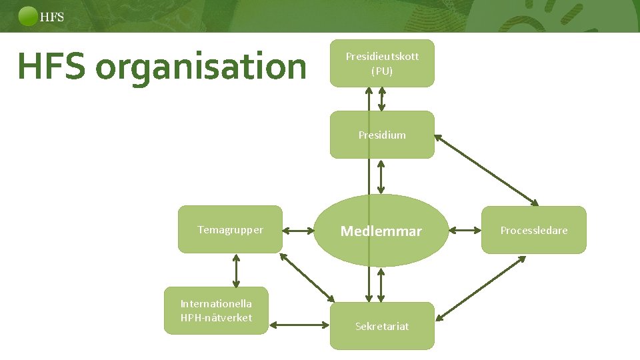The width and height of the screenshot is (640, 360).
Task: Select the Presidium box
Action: [x=382, y=135]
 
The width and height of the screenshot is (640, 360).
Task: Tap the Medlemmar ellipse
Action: [x=381, y=231]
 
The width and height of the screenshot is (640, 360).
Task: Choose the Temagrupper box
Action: [x=230, y=230]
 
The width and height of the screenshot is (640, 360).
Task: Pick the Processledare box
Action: [x=534, y=230]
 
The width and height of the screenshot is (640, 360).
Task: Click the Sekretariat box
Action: [x=382, y=326]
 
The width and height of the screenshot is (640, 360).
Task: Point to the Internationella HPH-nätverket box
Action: [x=216, y=311]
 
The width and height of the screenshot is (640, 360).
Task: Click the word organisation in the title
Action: [x=199, y=67]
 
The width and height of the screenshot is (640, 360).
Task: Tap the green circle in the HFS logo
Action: [x=29, y=16]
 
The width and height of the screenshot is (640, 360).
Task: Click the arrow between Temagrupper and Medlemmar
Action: [x=297, y=231]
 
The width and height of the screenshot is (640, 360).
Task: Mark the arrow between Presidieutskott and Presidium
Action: [x=381, y=99]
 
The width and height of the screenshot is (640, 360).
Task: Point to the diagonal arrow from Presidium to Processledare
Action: [x=487, y=170]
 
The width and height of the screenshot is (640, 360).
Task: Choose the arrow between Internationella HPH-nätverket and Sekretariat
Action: [x=299, y=325]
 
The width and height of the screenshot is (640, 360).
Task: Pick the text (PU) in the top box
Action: [x=382, y=71]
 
